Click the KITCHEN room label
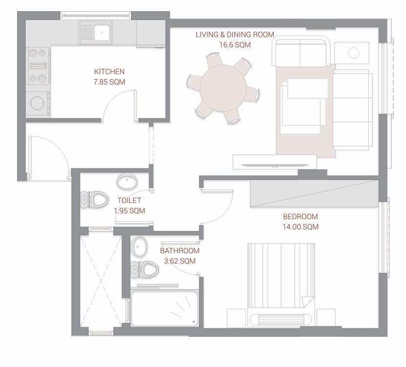(109, 71)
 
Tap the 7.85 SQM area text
(109, 82)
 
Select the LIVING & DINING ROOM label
(235, 35)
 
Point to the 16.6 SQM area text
(235, 45)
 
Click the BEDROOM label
(301, 217)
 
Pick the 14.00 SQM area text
(301, 227)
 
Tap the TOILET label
(129, 200)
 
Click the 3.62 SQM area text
(180, 261)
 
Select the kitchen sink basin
(102, 32)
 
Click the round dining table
(223, 88)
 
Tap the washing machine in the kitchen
(38, 103)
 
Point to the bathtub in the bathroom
(164, 308)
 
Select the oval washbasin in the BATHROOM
(139, 246)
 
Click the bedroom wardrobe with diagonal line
(314, 193)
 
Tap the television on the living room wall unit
(274, 165)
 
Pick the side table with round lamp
(352, 53)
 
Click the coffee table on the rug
(304, 106)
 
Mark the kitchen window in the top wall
(96, 16)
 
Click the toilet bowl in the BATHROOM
(144, 269)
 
